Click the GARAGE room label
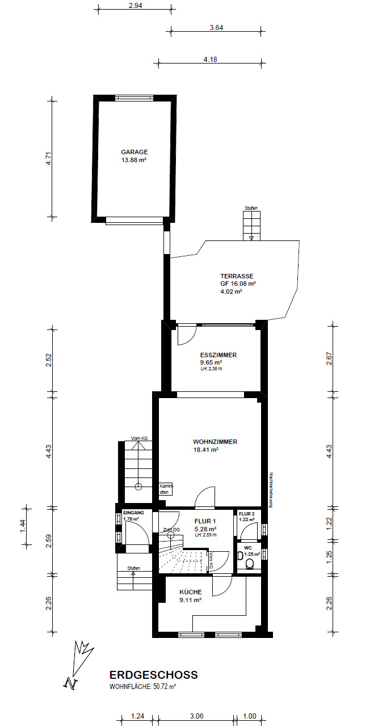pos(134,152)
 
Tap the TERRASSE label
pos(237,276)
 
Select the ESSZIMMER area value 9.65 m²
pos(211,362)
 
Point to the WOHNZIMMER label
pos(215,442)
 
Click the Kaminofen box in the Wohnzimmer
pos(166,489)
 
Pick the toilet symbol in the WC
pos(250,564)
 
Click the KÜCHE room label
pos(191,592)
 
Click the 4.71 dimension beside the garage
pos(48,158)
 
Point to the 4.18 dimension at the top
pos(210,60)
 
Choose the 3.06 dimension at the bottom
pos(196,716)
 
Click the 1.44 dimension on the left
pos(23,526)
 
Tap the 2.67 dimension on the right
pos(329,358)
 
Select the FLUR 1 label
pos(205,521)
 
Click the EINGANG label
pos(133,513)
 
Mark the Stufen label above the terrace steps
pos(251,208)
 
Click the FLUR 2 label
pos(247,514)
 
